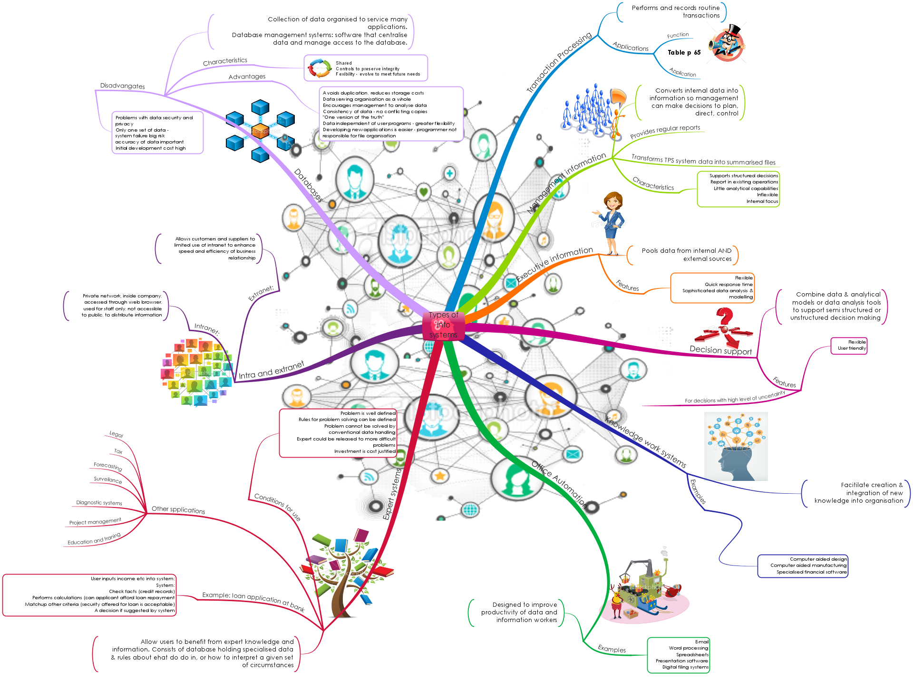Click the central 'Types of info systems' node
(443, 325)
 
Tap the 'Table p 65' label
(684, 53)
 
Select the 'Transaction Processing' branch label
(559, 62)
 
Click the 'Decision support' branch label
(720, 350)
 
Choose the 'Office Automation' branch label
(559, 482)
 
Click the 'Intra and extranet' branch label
(271, 371)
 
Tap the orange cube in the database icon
(260, 130)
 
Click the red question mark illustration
(724, 328)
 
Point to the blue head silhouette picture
(736, 447)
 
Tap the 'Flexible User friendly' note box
(849, 345)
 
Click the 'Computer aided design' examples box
(803, 565)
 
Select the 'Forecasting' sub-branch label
(107, 466)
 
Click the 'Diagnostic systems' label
(99, 503)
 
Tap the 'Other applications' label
(178, 510)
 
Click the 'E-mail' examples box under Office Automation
(679, 655)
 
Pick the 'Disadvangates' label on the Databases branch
(122, 86)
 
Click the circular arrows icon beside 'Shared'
(320, 68)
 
